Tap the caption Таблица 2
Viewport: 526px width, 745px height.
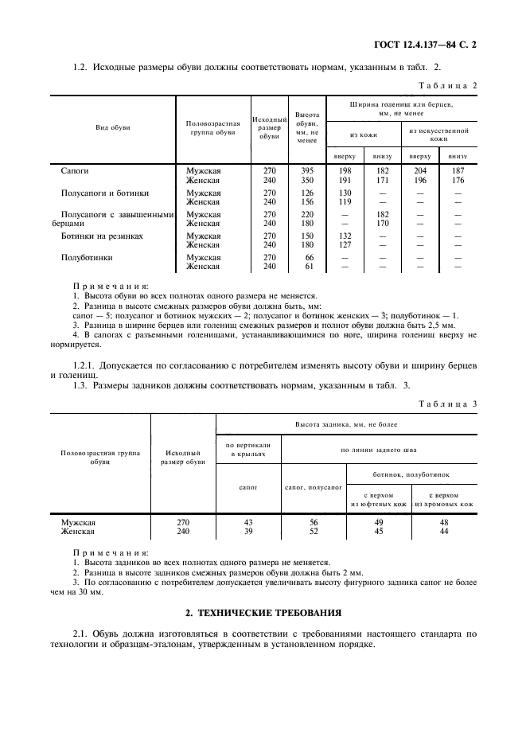tap(447, 85)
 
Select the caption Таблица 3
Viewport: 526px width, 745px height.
tap(447, 404)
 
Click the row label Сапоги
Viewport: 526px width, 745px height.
tap(75, 170)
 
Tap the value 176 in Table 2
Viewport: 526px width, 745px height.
tap(457, 180)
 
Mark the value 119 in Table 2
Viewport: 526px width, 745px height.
tap(345, 201)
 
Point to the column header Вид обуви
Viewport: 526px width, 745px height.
tap(113, 127)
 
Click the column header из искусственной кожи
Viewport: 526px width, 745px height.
tap(438, 134)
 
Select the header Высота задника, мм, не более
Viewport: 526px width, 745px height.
tap(346, 425)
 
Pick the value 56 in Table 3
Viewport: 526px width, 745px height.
tap(313, 522)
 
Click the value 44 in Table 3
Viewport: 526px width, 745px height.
tap(444, 531)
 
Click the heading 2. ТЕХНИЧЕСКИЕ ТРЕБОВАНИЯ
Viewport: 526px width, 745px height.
tap(263, 613)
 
